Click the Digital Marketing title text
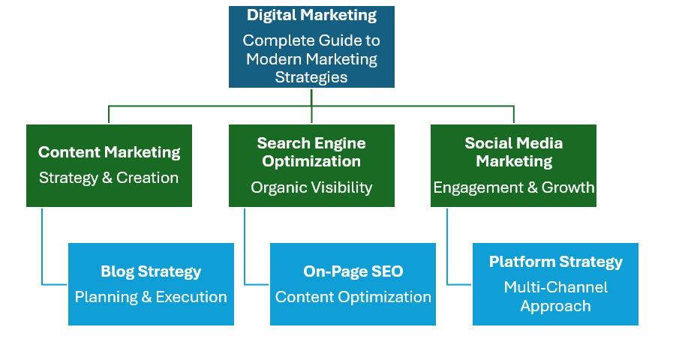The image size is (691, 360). (311, 15)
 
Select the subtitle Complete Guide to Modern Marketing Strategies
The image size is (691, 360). (311, 58)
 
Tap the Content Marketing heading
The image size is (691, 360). (109, 152)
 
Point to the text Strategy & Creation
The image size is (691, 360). (109, 178)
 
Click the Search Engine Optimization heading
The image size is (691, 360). (311, 151)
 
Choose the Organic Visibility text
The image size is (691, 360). (311, 187)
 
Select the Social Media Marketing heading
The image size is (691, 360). (514, 151)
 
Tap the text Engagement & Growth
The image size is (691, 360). (514, 187)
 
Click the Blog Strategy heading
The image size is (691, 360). (151, 271)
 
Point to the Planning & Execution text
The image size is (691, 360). (151, 297)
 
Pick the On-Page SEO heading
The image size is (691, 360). (353, 271)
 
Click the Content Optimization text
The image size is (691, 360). (353, 297)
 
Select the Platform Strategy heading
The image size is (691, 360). (555, 262)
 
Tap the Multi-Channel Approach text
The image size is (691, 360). (555, 296)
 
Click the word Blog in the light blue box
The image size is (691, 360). (117, 271)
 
